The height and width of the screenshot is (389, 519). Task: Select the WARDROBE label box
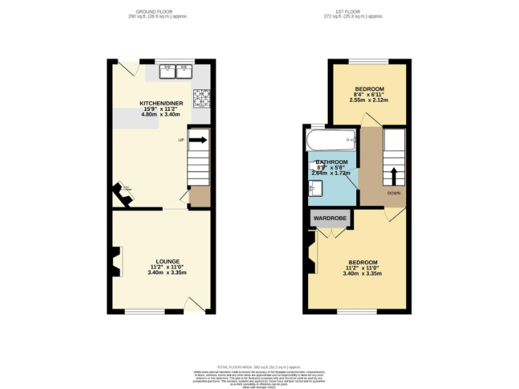tap(330, 219)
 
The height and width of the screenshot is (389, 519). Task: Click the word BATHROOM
tap(331, 162)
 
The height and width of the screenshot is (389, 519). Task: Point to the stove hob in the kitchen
tap(201, 99)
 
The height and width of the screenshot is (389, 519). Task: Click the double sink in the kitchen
tap(175, 69)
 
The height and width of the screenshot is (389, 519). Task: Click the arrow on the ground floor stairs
tap(199, 140)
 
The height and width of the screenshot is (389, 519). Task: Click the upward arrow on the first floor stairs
tap(394, 176)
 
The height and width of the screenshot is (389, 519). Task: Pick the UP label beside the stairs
tap(180, 140)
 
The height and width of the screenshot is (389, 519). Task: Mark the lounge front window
tap(144, 312)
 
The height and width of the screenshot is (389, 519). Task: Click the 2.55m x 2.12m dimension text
tap(369, 100)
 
